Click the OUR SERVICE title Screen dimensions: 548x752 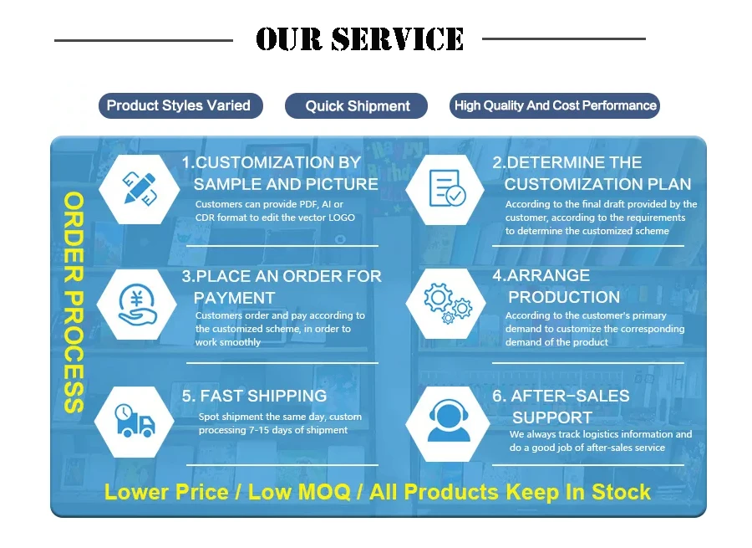[x=359, y=38]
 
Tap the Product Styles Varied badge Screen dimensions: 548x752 [x=179, y=105]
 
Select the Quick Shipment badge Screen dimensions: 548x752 [x=357, y=106]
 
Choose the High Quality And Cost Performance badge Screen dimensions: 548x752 [x=555, y=105]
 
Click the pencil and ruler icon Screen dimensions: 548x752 [x=137, y=189]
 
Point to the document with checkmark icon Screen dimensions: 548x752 [x=445, y=189]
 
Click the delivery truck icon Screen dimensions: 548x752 [x=135, y=420]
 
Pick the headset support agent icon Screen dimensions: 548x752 [x=446, y=421]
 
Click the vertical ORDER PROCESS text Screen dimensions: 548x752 [x=74, y=302]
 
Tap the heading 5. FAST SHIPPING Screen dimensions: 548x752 [x=254, y=396]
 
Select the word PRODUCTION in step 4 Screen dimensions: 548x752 [x=564, y=297]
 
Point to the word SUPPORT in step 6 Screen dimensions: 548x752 [x=551, y=417]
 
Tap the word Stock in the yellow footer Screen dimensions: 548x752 [x=621, y=491]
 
